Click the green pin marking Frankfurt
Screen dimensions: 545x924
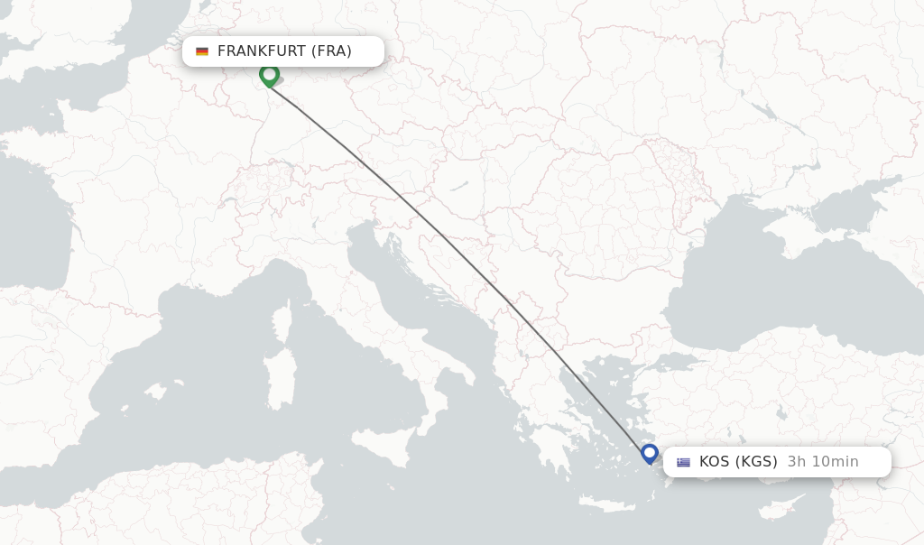tap(269, 75)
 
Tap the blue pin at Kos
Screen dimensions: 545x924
tap(650, 451)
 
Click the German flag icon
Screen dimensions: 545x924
tap(202, 51)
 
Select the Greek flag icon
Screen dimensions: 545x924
tap(683, 462)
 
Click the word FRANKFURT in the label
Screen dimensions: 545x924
tap(262, 51)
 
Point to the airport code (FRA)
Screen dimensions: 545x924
tap(331, 51)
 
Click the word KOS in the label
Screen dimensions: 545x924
tap(714, 462)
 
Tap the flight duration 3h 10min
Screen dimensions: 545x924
tap(823, 462)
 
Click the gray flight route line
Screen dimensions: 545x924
tap(451, 245)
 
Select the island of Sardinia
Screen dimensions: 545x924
tap(280, 379)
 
